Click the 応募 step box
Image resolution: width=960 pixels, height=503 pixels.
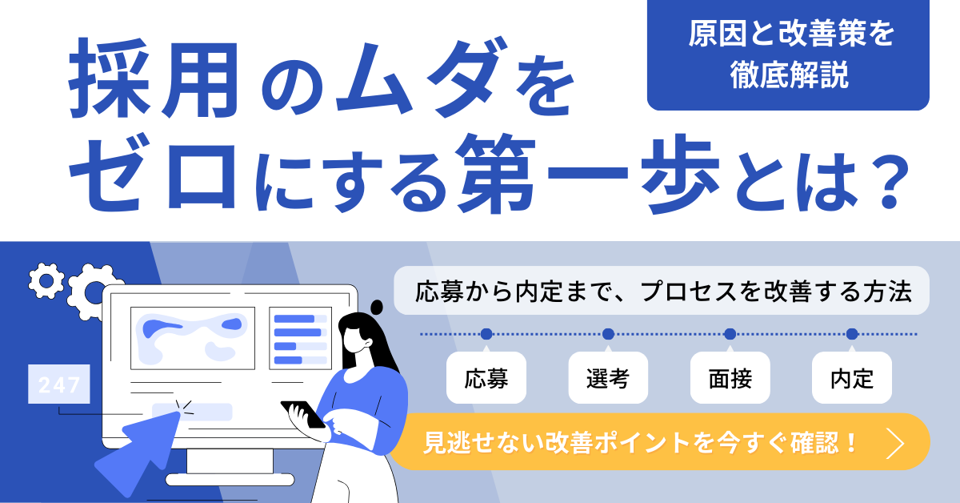point(486,378)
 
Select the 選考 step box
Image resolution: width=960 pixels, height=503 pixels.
point(608,378)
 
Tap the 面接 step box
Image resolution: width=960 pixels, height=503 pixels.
point(730,378)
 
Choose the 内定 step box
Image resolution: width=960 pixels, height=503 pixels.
point(852,378)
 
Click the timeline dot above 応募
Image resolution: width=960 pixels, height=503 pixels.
point(486,334)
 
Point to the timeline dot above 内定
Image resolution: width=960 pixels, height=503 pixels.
point(852,334)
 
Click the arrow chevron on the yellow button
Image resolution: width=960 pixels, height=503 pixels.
point(895,443)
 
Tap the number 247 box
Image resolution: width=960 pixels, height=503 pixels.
point(59,384)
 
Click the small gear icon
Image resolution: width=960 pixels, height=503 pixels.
point(46,280)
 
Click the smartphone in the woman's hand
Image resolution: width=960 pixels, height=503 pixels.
point(303,415)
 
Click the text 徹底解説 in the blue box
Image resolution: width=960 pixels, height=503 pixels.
point(790,75)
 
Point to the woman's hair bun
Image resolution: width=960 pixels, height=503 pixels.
point(377,308)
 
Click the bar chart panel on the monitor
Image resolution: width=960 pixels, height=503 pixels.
point(301,338)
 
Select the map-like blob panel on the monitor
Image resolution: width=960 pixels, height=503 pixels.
point(193,338)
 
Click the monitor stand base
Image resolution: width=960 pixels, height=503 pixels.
point(230,480)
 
